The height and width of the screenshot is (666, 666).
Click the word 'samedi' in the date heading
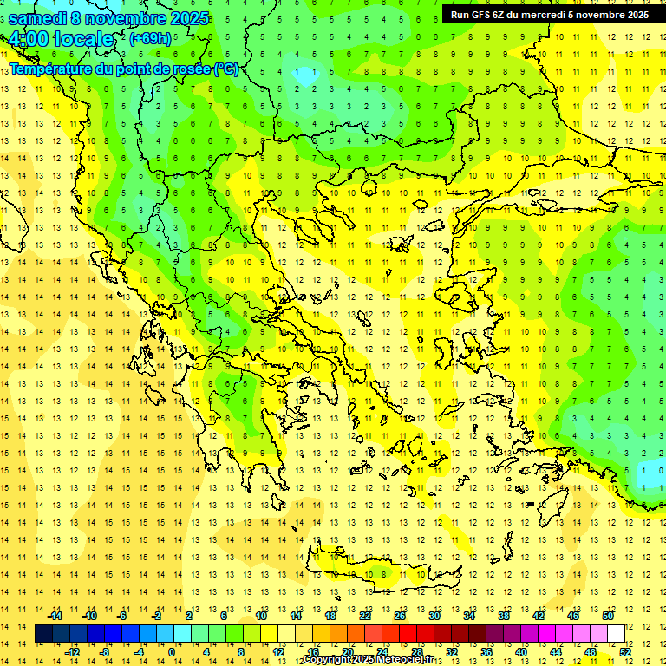pos(37,18)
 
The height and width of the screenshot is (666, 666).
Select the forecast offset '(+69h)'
pos(150,39)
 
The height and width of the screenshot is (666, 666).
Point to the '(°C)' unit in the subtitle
pos(225,69)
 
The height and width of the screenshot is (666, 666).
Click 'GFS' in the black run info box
pos(481,15)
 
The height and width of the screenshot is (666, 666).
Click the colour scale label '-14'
pos(55,616)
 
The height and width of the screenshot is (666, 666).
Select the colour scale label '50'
pos(608,616)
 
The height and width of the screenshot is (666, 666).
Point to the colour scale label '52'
pos(625,651)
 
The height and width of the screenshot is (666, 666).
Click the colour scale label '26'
pos(400,616)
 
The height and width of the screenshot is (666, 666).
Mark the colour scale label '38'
pos(504,616)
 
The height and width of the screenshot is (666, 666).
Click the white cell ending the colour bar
pos(617,634)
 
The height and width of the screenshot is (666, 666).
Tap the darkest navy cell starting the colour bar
pos(44,634)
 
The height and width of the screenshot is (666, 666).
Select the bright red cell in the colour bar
pos(408,634)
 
